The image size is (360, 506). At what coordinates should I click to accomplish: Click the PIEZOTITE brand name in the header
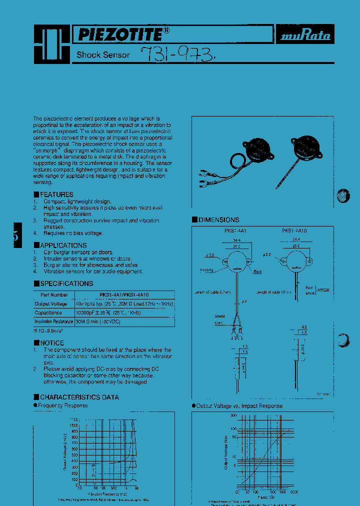(119, 34)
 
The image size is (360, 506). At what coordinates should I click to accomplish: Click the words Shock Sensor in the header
(103, 55)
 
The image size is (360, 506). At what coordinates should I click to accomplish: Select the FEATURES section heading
(56, 194)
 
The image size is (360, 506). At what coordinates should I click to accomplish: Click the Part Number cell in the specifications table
(54, 295)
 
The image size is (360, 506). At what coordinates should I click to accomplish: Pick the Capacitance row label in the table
(48, 312)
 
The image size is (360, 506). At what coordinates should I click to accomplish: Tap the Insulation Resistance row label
(54, 321)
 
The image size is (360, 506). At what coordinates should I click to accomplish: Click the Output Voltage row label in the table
(50, 303)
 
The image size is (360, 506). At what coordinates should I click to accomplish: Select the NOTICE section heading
(52, 343)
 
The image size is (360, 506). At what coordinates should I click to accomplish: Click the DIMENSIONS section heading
(218, 220)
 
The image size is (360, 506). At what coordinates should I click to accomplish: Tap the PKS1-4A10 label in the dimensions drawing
(294, 231)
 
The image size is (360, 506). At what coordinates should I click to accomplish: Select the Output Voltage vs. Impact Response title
(239, 406)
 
